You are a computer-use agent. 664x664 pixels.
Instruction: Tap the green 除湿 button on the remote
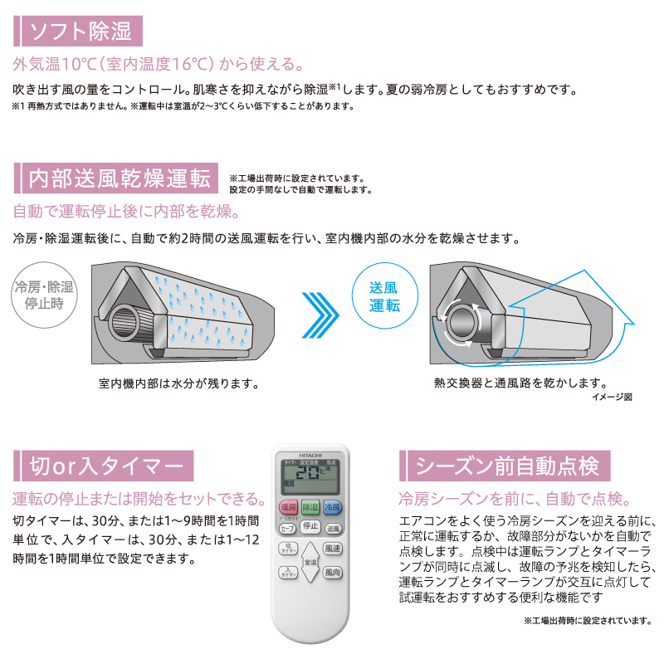pyautogui.click(x=310, y=507)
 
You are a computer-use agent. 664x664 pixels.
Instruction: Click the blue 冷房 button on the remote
pyautogui.click(x=333, y=507)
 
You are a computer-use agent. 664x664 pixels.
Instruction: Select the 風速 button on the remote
pyautogui.click(x=333, y=549)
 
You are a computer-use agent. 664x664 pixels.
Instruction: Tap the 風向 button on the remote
pyautogui.click(x=333, y=573)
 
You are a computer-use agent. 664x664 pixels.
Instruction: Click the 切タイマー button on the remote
pyautogui.click(x=288, y=549)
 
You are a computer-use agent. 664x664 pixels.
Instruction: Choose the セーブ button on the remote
pyautogui.click(x=287, y=529)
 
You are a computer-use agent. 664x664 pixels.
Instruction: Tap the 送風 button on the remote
pyautogui.click(x=333, y=529)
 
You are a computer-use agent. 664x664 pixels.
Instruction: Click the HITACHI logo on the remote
pyautogui.click(x=310, y=455)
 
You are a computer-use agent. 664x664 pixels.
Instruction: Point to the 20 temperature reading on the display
pyautogui.click(x=308, y=472)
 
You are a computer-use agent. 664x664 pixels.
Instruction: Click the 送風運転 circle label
pyautogui.click(x=384, y=295)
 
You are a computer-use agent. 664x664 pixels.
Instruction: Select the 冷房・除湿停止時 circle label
pyautogui.click(x=44, y=295)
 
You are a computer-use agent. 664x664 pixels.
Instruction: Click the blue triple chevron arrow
pyautogui.click(x=320, y=315)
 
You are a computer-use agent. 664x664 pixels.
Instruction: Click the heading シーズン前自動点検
pyautogui.click(x=505, y=466)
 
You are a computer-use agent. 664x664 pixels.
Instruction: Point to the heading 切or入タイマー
pyautogui.click(x=104, y=466)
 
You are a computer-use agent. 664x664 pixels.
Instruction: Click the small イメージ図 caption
pyautogui.click(x=612, y=397)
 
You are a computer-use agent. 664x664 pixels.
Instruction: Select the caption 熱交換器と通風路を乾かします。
pyautogui.click(x=520, y=383)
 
